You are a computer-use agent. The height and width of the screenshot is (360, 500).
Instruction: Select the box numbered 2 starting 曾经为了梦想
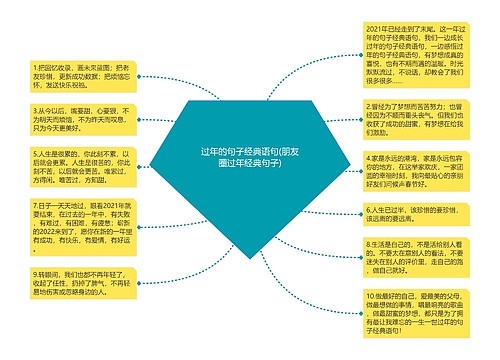click(x=413, y=119)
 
